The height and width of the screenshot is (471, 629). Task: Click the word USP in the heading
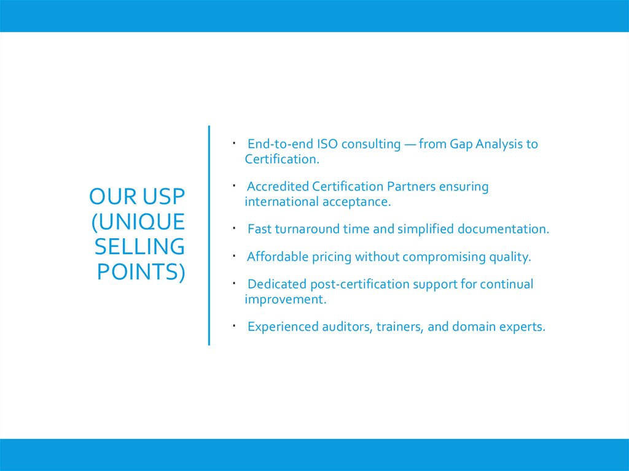pos(163,197)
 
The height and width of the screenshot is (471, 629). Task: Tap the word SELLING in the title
pos(139,246)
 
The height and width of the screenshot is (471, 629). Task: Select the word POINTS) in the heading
pos(141,271)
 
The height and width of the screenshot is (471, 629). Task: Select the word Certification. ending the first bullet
pos(282,160)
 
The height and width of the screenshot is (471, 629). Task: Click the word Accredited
pos(278,187)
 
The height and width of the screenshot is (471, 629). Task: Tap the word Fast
pos(259,230)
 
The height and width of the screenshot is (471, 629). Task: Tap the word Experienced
pos(283,327)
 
